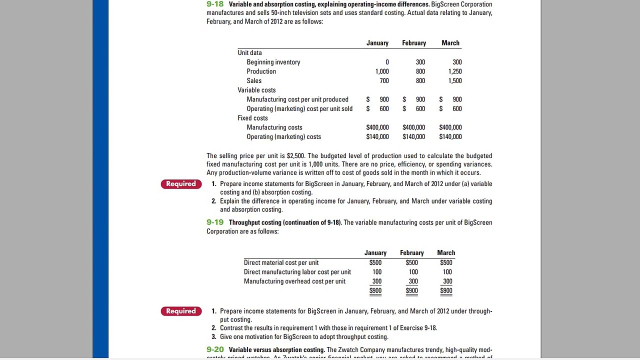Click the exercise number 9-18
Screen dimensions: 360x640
(x=215, y=4)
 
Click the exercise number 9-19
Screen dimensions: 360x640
(x=215, y=222)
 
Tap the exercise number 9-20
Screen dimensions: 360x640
(x=215, y=349)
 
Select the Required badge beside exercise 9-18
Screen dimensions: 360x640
(x=181, y=184)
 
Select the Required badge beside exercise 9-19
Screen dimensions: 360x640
(x=181, y=311)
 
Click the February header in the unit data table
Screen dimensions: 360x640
(x=414, y=43)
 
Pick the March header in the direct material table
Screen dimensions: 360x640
(x=446, y=253)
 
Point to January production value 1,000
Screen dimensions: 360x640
(x=382, y=71)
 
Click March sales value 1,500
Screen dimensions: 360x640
(x=455, y=81)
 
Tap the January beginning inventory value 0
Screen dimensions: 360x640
(x=387, y=62)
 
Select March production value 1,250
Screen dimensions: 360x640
(x=455, y=71)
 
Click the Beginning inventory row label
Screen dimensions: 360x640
(x=273, y=62)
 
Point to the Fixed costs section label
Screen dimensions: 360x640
(x=252, y=118)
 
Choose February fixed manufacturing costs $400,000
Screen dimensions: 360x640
(x=413, y=127)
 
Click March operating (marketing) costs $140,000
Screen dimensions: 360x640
(x=450, y=137)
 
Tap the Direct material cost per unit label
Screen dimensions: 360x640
(x=281, y=263)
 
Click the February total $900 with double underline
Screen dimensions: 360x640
(x=411, y=291)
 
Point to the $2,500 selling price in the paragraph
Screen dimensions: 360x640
(x=295, y=156)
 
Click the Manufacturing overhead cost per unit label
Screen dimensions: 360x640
(x=294, y=281)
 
